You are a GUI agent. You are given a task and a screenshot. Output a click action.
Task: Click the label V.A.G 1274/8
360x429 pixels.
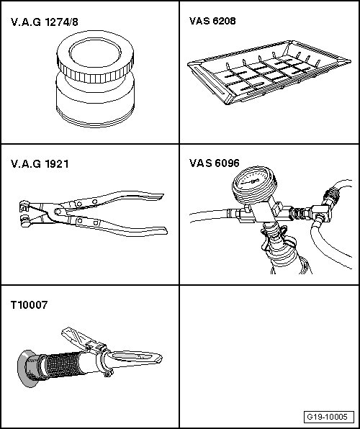(45, 22)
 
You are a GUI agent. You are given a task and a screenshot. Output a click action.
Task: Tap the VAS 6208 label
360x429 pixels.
(212, 21)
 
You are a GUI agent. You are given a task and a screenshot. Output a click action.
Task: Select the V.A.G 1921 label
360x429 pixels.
(40, 164)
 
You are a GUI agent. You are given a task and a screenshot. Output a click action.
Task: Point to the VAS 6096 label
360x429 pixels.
(215, 163)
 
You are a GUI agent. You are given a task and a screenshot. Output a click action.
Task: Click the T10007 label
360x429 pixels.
(30, 304)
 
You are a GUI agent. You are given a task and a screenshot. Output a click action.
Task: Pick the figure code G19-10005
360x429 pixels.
(328, 417)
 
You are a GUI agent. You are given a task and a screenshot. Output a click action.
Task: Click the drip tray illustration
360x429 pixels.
(269, 72)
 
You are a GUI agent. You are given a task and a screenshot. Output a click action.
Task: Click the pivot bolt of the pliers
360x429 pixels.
(58, 212)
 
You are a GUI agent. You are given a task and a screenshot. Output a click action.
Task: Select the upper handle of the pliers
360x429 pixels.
(115, 199)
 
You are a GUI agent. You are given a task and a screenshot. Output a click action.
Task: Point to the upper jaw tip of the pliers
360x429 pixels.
(23, 206)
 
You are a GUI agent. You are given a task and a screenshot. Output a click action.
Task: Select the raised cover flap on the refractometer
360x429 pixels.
(78, 339)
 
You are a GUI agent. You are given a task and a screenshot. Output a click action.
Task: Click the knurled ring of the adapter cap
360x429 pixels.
(95, 73)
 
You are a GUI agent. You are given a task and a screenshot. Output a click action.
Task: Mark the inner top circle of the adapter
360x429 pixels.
(95, 53)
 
